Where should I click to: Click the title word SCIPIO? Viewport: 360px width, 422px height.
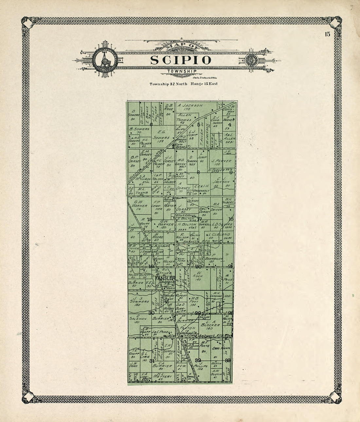pyautogui.click(x=181, y=60)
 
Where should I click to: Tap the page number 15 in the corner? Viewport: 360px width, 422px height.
pyautogui.click(x=328, y=34)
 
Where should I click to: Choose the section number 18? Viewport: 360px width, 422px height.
pyautogui.click(x=150, y=220)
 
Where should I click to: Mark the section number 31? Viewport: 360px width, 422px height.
pyautogui.click(x=152, y=361)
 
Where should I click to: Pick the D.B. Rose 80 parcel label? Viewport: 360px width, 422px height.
pyautogui.click(x=169, y=109)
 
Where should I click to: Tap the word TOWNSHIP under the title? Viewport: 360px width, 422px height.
pyautogui.click(x=181, y=71)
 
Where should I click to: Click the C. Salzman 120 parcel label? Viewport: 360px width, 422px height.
pyautogui.click(x=137, y=320)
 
